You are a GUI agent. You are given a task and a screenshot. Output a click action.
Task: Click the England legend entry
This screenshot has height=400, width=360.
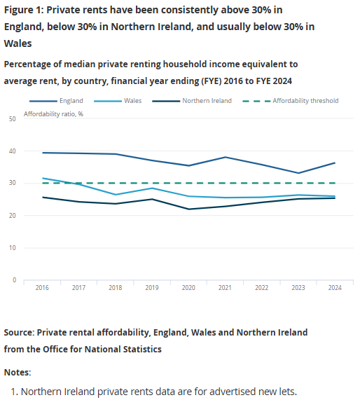point(71,101)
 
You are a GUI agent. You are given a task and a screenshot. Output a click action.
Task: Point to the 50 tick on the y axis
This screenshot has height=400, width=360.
point(13,119)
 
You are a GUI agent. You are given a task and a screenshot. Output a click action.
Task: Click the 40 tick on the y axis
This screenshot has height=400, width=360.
point(13,151)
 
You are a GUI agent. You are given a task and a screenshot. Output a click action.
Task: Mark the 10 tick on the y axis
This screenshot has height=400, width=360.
point(13,248)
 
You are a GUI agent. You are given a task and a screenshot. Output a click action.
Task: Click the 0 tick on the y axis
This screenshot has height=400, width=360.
point(14,280)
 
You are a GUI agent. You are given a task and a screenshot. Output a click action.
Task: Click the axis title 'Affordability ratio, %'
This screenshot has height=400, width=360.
point(54,113)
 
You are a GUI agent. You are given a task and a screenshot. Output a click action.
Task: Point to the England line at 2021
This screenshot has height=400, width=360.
point(225,157)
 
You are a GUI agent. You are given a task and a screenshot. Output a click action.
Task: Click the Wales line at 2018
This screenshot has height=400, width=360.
point(116,195)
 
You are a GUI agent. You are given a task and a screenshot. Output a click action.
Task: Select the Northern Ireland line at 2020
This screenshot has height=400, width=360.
point(188,209)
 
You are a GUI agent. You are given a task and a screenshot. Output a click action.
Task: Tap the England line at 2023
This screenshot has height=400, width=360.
point(298,173)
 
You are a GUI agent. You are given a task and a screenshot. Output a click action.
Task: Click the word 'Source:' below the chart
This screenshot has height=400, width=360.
point(19,332)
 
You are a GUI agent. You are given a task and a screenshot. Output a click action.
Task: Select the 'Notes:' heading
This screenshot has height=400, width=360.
point(18,372)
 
